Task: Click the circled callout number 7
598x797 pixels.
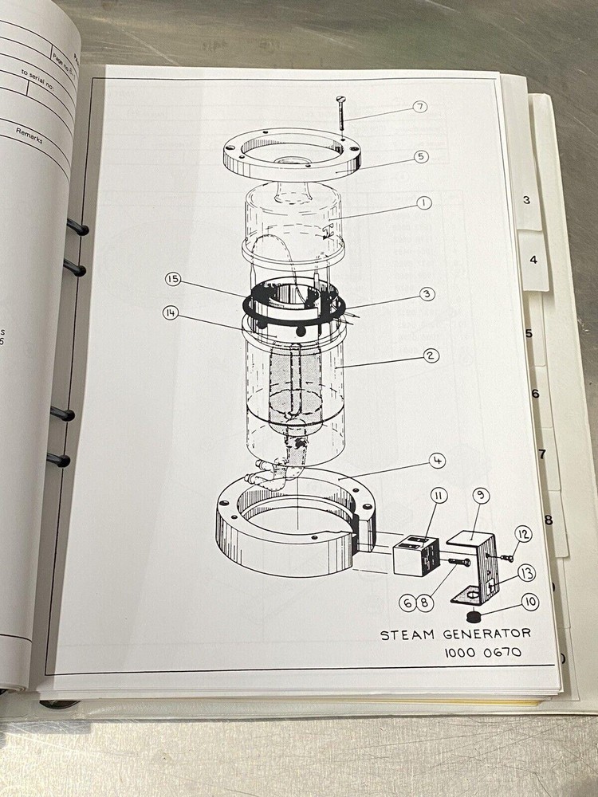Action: (x=420, y=107)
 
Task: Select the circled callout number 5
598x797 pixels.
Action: (x=420, y=156)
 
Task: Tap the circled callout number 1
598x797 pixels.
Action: (x=423, y=202)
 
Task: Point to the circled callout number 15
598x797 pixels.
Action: (x=173, y=279)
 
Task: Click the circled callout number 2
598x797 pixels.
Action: (x=431, y=355)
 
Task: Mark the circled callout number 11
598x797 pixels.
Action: (x=439, y=497)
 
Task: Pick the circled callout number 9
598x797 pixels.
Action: (x=481, y=496)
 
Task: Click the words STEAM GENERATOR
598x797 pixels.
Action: (x=454, y=634)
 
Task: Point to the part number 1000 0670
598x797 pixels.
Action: (x=483, y=653)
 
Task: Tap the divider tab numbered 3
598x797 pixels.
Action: (x=526, y=200)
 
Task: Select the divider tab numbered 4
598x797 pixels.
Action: (x=533, y=260)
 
